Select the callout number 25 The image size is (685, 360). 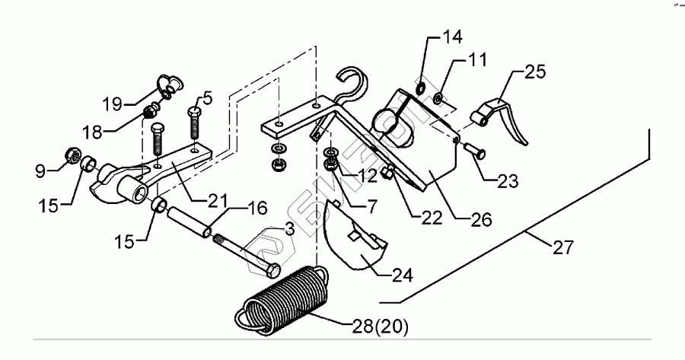535,74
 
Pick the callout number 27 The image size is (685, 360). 565,247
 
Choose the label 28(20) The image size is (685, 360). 380,328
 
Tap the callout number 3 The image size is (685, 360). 290,228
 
